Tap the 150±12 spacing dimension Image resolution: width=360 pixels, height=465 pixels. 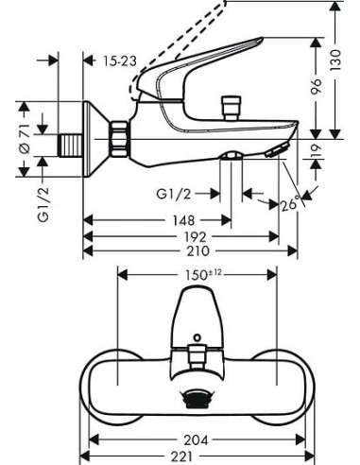tap(200, 273)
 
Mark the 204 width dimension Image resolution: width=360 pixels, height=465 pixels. tap(197, 439)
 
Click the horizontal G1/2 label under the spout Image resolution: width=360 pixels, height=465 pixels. tap(174, 194)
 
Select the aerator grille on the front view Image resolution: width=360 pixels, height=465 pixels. tap(197, 400)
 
